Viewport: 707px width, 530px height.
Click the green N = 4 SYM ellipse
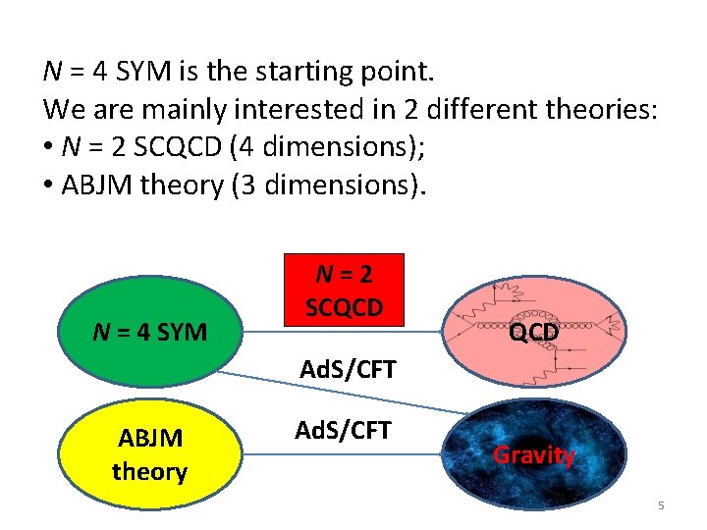(149, 332)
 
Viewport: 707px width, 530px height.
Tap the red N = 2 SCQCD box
(343, 291)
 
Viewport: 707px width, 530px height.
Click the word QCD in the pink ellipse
(534, 333)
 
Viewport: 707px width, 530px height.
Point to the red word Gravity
(534, 454)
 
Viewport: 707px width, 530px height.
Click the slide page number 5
(661, 505)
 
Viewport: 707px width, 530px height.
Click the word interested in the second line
(268, 109)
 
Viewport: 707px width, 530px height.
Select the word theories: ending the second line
(602, 109)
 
